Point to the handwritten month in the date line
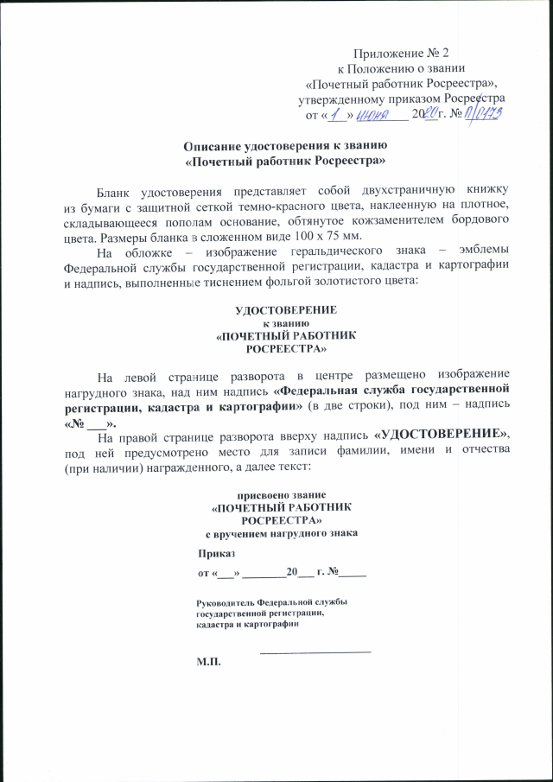(x=372, y=114)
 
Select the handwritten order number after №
(x=485, y=113)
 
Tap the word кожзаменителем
(x=381, y=220)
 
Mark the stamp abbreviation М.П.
(x=209, y=662)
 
